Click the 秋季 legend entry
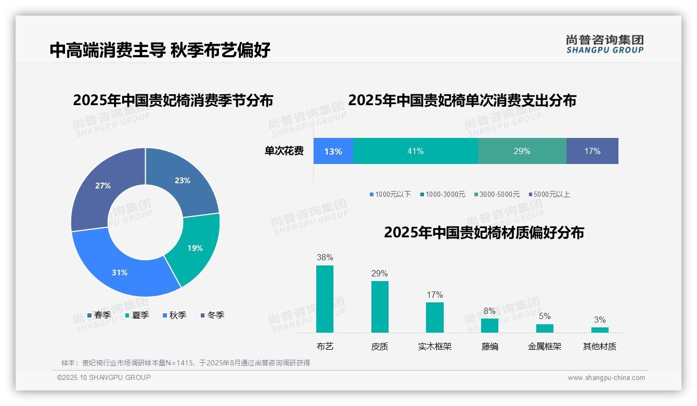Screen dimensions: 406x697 pos(174,315)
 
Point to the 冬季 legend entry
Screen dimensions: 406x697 pos(212,315)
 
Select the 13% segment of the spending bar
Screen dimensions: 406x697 pos(333,151)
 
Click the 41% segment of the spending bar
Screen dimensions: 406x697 pos(415,151)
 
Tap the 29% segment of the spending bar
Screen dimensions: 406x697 pos(522,151)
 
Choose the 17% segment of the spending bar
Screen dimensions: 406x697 pos(592,151)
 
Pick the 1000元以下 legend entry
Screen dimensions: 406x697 pos(390,195)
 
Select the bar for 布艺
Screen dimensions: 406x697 pos(325,299)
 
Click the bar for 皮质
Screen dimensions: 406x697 pos(380,307)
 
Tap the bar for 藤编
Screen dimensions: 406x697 pos(489,325)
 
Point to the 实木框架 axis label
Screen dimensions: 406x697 pos(434,347)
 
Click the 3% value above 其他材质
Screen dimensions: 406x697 pos(600,320)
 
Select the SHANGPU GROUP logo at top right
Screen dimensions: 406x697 pos(604,44)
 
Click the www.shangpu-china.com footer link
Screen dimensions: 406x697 pos(606,378)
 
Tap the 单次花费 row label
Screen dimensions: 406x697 pos(284,151)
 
